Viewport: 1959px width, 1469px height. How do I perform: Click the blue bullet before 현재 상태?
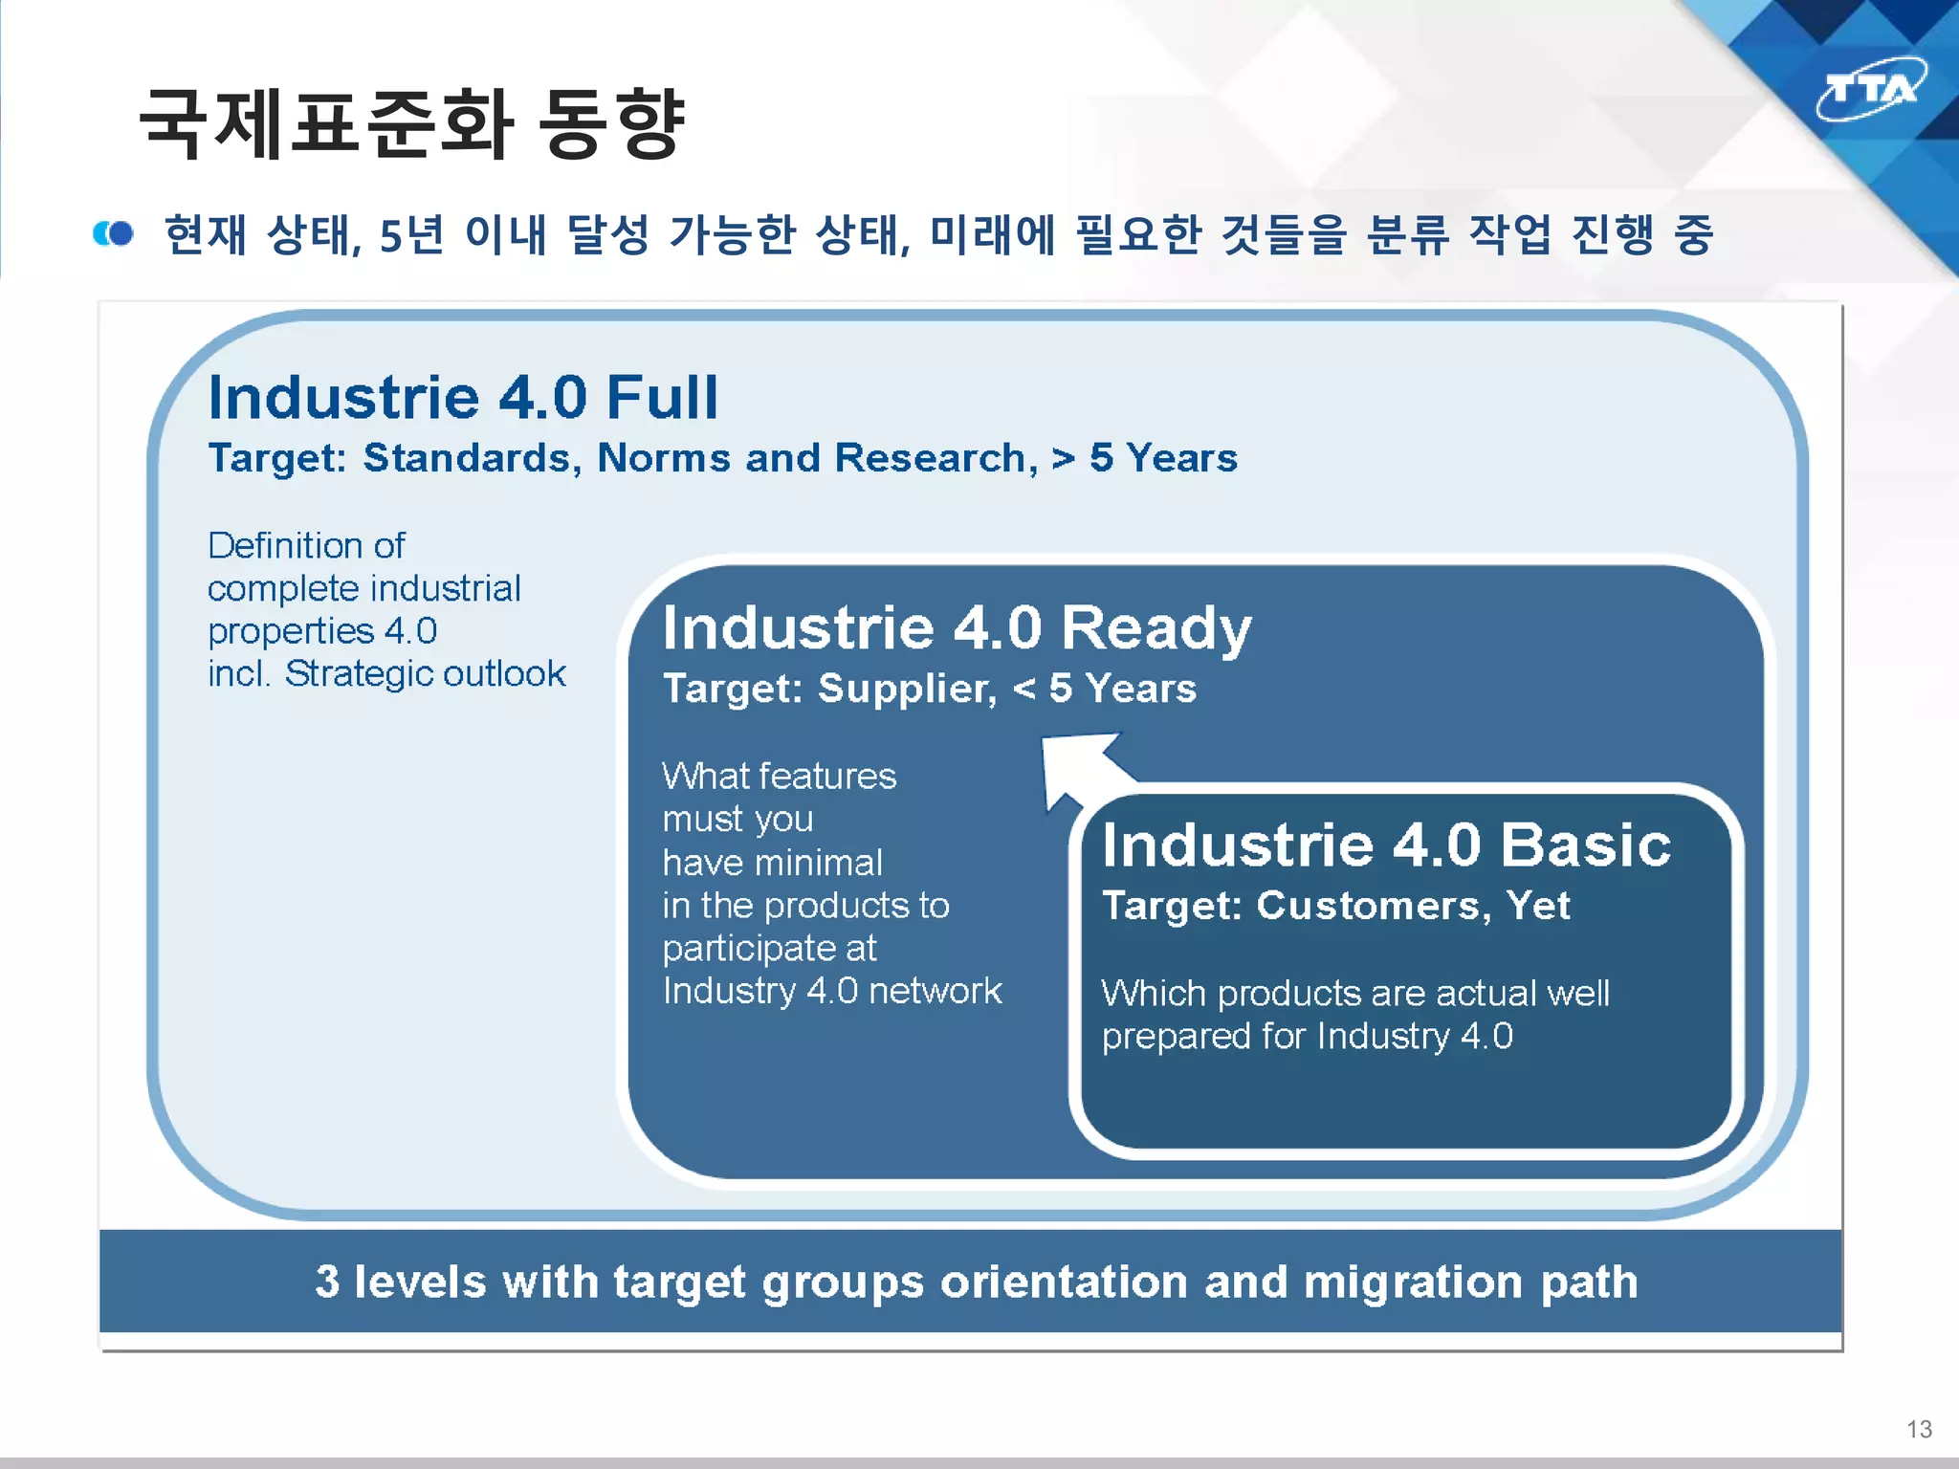pyautogui.click(x=114, y=233)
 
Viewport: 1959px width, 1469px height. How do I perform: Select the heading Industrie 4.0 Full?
pyautogui.click(x=463, y=397)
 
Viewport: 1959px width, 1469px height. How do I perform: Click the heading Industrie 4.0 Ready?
pyautogui.click(x=957, y=628)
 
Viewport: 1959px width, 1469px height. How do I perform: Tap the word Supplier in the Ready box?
pyautogui.click(x=907, y=689)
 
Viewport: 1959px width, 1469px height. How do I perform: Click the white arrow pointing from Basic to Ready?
pyautogui.click(x=1081, y=765)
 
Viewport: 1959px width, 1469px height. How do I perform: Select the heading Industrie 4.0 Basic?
pyautogui.click(x=1386, y=845)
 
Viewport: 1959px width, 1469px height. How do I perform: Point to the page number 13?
pyautogui.click(x=1919, y=1429)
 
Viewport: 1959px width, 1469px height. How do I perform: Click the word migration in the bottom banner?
pyautogui.click(x=1413, y=1282)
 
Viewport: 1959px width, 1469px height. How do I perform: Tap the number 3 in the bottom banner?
pyautogui.click(x=327, y=1282)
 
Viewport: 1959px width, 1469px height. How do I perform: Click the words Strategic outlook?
pyautogui.click(x=426, y=673)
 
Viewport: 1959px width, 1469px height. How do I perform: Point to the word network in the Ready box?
pyautogui.click(x=935, y=991)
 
